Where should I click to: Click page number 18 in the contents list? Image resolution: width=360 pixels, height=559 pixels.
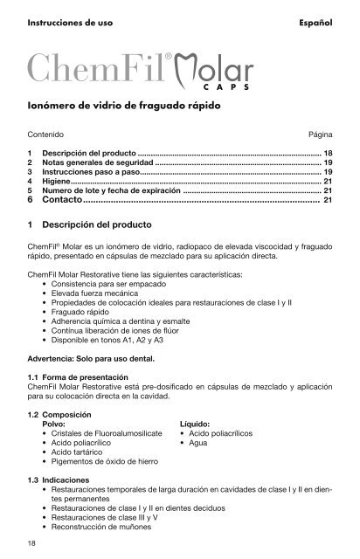pyautogui.click(x=328, y=153)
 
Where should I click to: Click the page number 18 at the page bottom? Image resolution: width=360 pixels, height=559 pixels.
pyautogui.click(x=31, y=546)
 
